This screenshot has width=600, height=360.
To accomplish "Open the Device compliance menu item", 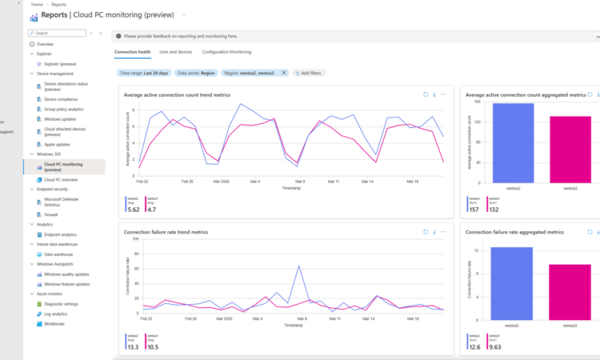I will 61,99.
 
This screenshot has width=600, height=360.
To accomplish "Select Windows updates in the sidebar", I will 60,119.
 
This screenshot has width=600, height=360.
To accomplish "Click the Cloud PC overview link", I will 61,179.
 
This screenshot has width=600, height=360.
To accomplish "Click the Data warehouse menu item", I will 59,254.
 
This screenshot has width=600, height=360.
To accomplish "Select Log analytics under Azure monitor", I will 58,314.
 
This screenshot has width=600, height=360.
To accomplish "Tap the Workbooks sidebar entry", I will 54,323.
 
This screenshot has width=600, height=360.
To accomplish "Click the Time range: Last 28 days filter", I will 143,73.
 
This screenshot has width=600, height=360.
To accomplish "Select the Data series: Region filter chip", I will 196,73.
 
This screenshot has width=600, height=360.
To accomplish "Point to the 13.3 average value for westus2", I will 133,347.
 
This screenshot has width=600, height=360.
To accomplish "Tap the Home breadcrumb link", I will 37,4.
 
